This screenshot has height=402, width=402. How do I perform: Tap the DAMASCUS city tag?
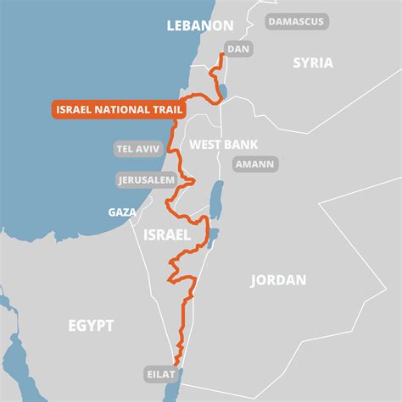pos(295,21)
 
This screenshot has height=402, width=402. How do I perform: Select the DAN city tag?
pos(239,50)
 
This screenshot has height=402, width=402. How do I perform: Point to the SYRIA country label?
pos(313,63)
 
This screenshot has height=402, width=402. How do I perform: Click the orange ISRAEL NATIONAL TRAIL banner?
pos(109,109)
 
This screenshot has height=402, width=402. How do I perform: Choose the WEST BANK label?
pos(223,145)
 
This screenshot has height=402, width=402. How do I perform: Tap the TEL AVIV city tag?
pos(136,150)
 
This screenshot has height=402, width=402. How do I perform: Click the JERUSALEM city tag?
pos(147,180)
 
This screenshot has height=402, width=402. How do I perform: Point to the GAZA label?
pos(122,212)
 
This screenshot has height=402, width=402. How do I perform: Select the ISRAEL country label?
pos(166,234)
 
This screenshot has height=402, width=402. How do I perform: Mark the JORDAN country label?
pos(279,280)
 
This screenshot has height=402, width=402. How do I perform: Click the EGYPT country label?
pos(92,325)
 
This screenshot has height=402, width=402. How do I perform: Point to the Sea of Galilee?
pos(223,89)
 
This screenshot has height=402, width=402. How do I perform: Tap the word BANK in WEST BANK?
pos(241,145)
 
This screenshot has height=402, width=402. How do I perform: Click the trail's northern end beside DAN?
pos(222,55)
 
